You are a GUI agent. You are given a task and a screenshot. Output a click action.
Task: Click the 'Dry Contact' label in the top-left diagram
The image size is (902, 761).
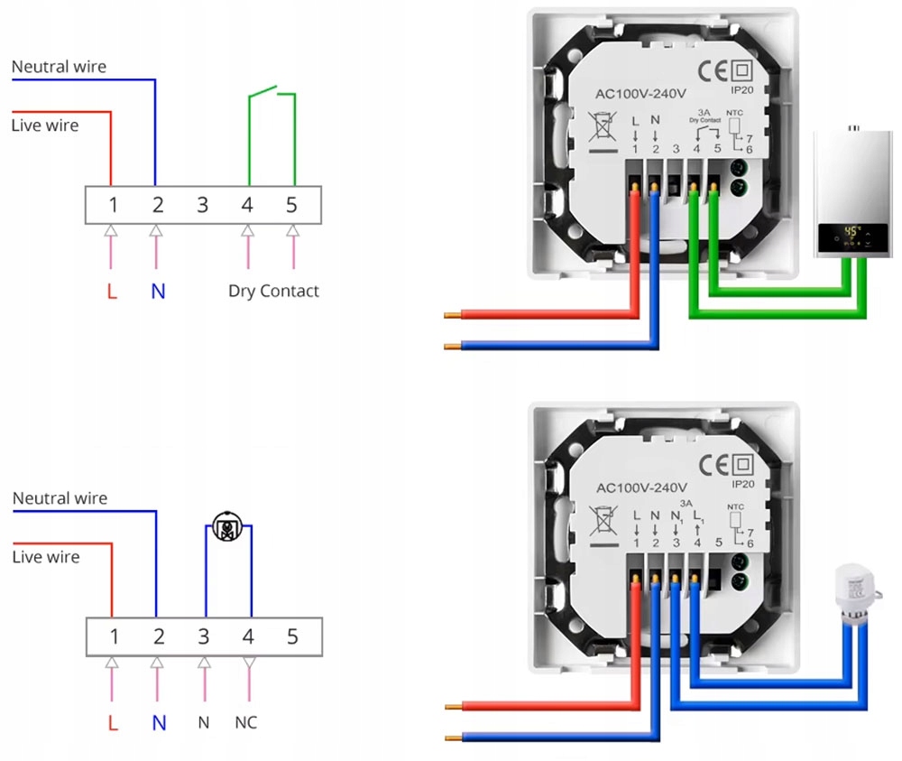pos(273,291)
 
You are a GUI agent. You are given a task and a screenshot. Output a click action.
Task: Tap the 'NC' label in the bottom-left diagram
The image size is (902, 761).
pos(246,722)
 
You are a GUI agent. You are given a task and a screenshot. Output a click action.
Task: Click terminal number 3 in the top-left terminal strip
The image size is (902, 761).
pos(202,205)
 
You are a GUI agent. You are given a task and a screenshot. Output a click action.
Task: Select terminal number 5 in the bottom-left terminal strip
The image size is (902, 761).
pos(291,637)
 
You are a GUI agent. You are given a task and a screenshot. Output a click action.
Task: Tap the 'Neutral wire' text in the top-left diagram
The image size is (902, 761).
pos(59,67)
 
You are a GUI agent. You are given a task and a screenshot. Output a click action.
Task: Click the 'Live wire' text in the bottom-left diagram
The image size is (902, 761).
pos(46,557)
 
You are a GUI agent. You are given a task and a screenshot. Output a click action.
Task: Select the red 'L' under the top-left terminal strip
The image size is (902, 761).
pos(112,292)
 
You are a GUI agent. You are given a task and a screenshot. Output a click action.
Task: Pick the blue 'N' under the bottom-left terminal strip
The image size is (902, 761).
pos(159,723)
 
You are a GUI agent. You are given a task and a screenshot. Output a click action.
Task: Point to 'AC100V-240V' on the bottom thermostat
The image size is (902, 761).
pos(642,487)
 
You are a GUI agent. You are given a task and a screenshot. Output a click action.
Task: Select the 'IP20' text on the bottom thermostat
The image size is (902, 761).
pos(741,483)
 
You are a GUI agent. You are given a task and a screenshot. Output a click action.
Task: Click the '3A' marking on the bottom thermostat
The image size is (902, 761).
pos(686,502)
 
